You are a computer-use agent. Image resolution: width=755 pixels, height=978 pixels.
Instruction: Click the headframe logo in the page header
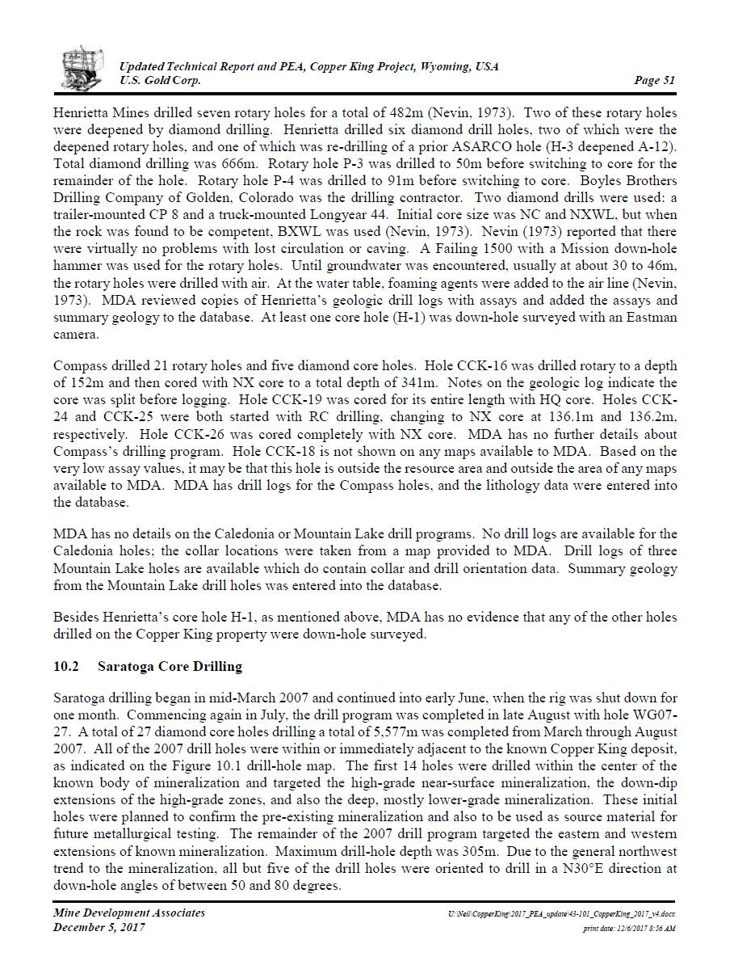pos(82,68)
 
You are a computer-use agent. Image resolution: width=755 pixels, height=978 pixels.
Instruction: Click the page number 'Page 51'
pos(655,80)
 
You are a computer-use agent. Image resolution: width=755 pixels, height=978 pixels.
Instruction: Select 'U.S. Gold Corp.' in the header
pos(160,80)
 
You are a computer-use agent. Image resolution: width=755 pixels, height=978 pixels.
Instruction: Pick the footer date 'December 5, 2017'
pos(99,927)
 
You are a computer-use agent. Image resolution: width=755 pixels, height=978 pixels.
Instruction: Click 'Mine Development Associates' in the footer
pos(129,913)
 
